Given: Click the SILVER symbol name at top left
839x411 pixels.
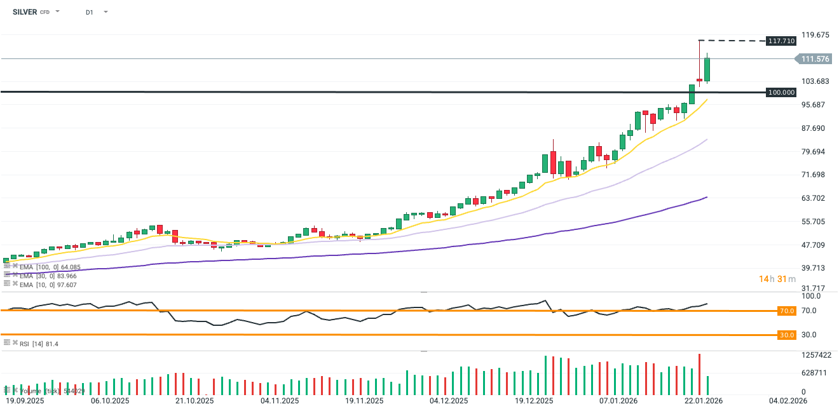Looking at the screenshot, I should (25, 12).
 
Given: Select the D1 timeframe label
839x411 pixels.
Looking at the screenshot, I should (90, 12).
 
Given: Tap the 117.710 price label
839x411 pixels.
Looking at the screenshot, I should (781, 41).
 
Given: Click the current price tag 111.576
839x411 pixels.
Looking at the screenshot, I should (815, 59).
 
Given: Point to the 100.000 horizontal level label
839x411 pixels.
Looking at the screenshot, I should (781, 92).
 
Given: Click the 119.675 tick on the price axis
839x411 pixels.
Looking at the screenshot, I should (815, 34).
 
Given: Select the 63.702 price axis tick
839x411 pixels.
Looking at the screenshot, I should (815, 198).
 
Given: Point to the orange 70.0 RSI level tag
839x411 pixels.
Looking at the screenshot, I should (787, 311).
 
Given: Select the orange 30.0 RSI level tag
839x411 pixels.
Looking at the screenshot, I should (787, 335).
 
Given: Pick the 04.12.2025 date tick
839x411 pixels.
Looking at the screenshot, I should (448, 401).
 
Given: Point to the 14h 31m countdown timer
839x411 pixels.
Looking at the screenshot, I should (777, 279).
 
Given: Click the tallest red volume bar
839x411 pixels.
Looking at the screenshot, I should (699, 374).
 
